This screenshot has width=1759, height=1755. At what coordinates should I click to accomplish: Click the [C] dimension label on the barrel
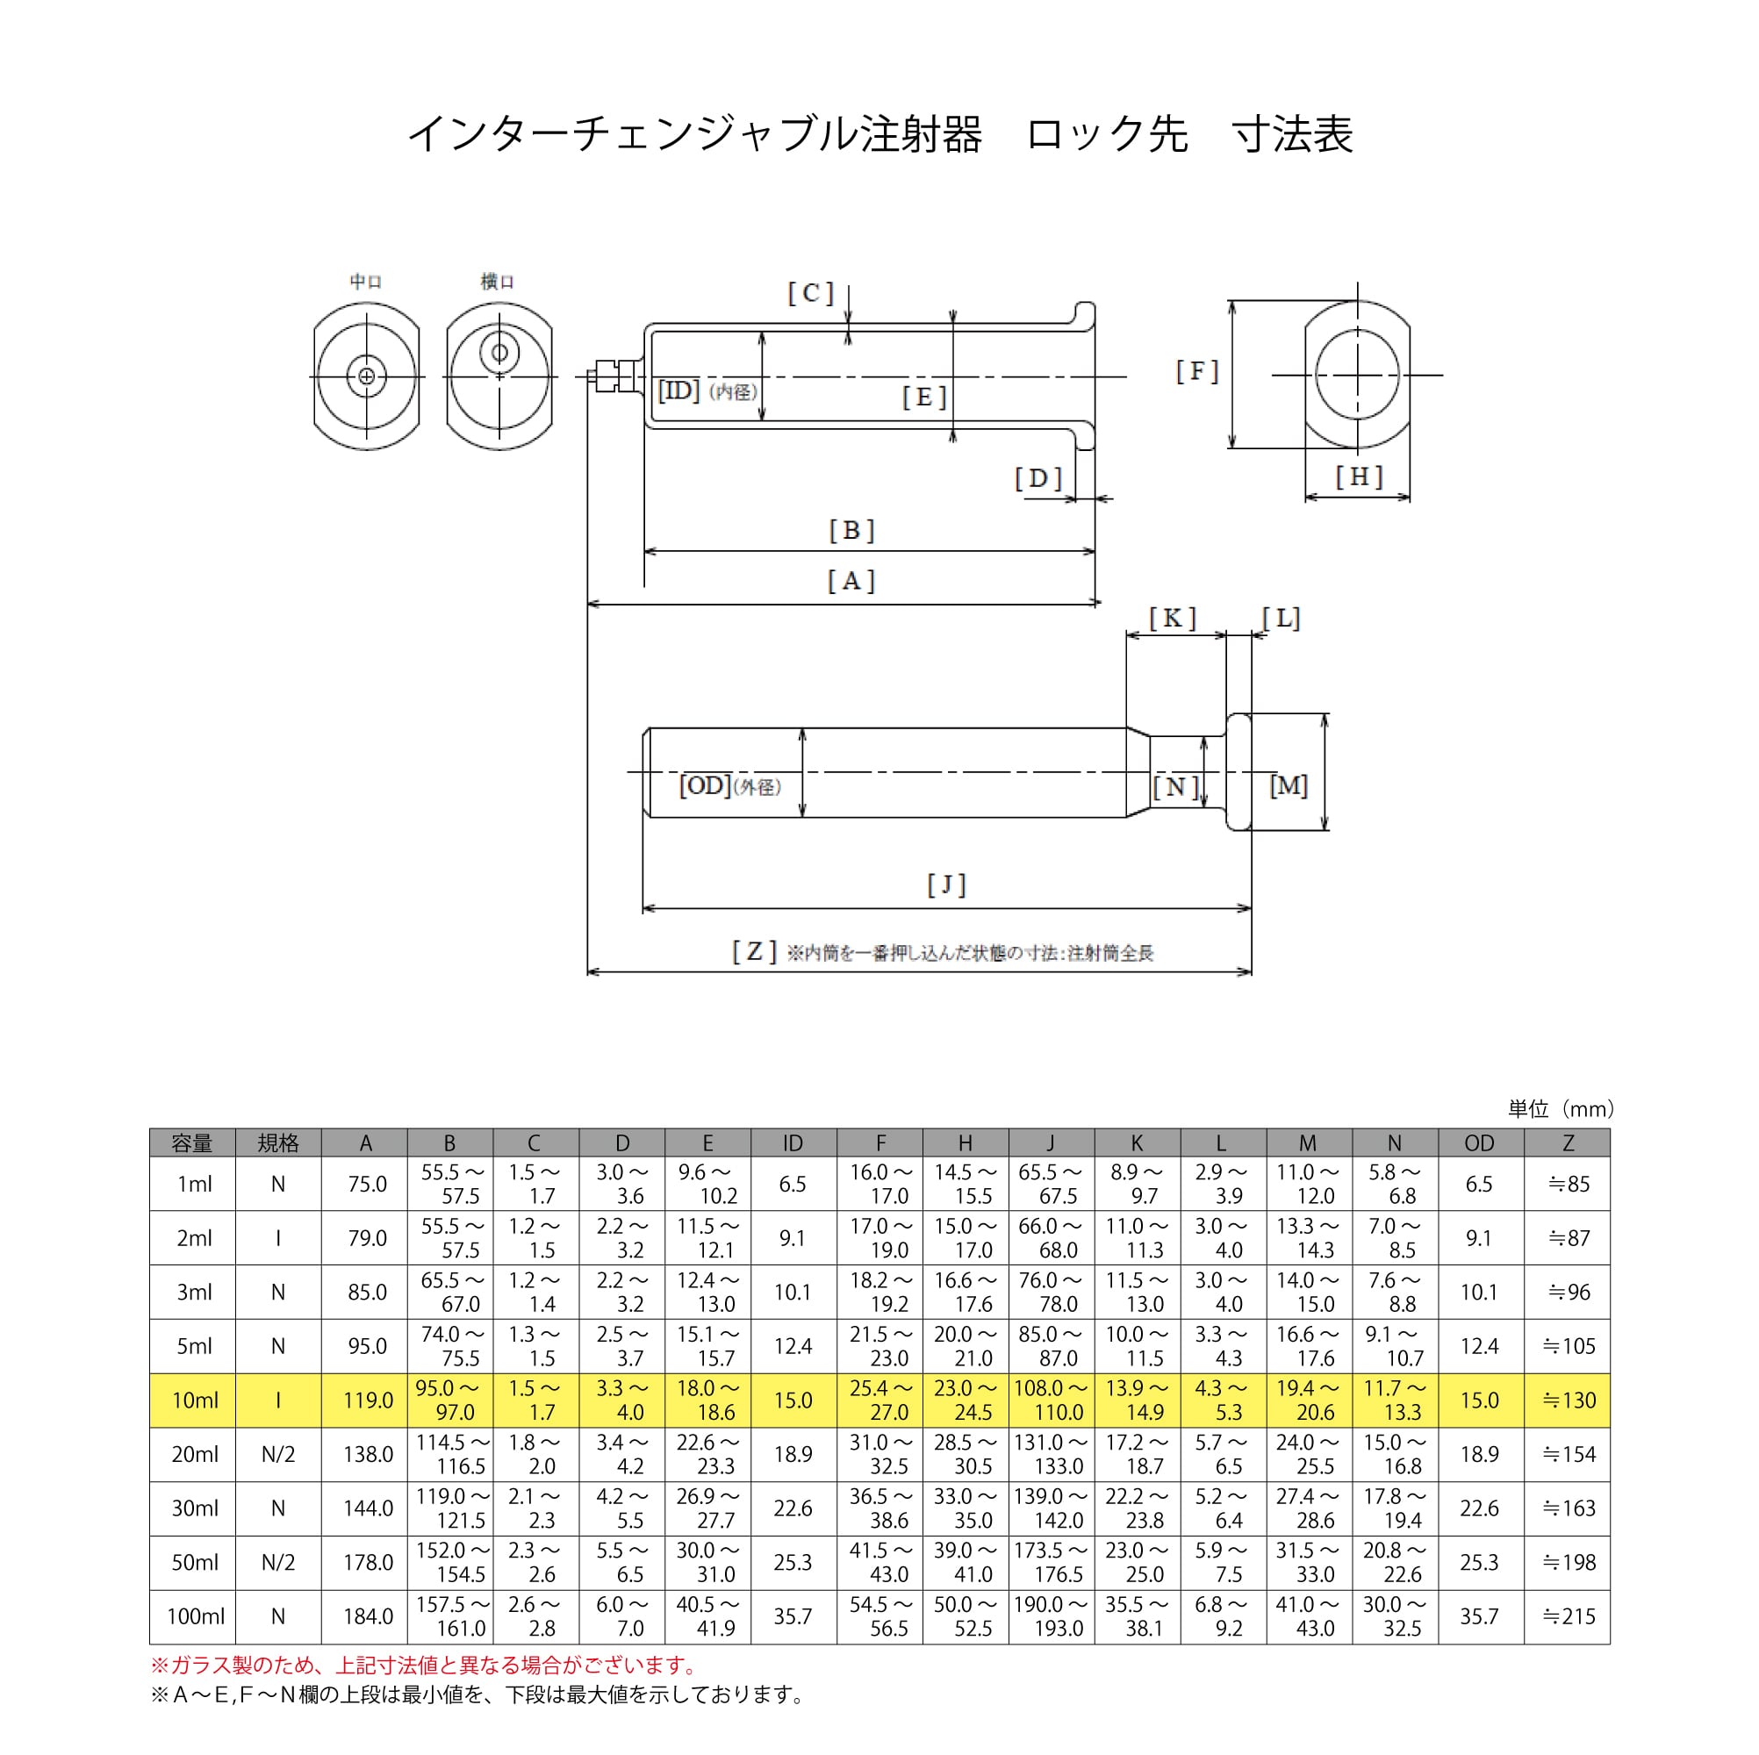coord(810,293)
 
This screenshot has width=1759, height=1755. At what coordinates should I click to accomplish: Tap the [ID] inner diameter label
coord(678,390)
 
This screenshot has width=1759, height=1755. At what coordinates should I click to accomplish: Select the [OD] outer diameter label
coord(705,785)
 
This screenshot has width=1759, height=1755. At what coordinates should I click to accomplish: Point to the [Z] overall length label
coord(755,952)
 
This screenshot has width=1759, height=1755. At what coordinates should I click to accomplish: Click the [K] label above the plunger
coord(1172,618)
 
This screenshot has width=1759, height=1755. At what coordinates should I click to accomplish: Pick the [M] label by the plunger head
coord(1289,785)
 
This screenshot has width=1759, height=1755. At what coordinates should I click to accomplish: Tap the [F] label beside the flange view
coord(1197,371)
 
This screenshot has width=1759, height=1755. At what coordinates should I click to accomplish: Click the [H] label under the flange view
coord(1359,476)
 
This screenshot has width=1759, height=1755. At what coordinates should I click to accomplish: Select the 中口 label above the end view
coord(366,283)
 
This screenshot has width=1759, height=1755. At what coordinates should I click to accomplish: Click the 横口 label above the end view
coord(498,283)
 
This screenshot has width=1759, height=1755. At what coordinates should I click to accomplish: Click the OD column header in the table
coord(1480,1143)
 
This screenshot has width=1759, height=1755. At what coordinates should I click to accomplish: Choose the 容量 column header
coord(192,1143)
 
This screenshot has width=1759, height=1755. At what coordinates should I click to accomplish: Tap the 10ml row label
coord(195,1400)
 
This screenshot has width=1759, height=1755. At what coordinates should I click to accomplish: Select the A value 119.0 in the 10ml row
coord(368,1400)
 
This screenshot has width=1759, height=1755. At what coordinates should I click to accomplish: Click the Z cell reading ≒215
coord(1568,1616)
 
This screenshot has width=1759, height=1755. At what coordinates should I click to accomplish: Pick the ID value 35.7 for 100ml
coord(793,1616)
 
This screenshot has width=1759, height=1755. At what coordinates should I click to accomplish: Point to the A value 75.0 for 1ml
coord(367,1185)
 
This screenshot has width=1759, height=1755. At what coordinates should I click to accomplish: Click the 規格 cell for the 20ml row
coord(278,1455)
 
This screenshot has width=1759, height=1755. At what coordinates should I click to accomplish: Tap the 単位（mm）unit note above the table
coord(1561,1108)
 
